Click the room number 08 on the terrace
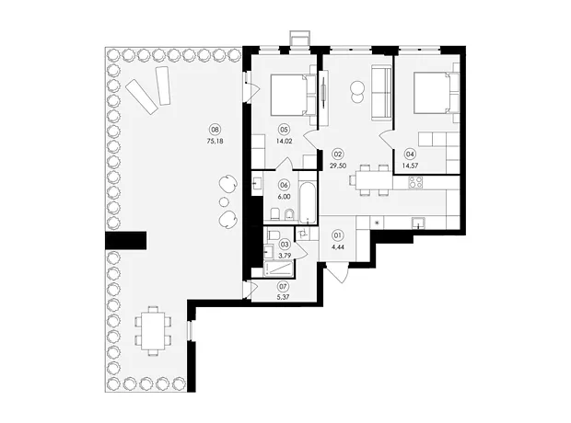pos(215,129)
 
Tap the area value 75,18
pos(215,142)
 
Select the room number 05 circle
pos(284,129)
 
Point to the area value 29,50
pos(338,166)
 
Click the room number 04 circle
pos(410,154)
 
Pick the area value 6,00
pos(284,197)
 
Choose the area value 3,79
pos(284,256)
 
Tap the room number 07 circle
pos(283,286)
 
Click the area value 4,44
pos(338,247)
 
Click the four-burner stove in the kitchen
pos(415,182)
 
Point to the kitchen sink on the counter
pos(418,223)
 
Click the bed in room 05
pos(291,95)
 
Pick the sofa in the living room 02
pos(381,93)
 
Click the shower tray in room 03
pos(280,269)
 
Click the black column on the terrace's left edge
pos(125,240)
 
